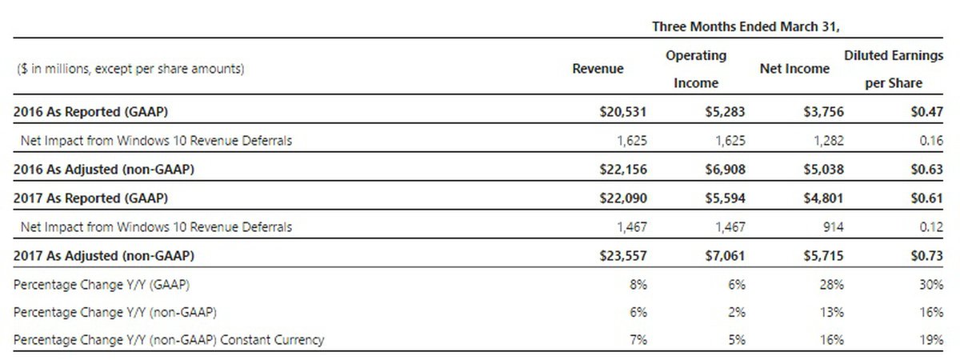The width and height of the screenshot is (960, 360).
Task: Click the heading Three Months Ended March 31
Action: click(x=746, y=26)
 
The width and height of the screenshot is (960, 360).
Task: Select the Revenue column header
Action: click(x=598, y=69)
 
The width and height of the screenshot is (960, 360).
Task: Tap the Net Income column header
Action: click(x=794, y=69)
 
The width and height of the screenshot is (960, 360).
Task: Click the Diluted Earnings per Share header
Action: click(x=894, y=69)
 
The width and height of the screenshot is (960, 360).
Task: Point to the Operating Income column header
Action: click(x=696, y=69)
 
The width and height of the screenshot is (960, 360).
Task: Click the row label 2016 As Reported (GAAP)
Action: click(x=90, y=112)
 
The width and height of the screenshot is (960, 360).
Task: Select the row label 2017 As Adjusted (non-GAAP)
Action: click(x=104, y=256)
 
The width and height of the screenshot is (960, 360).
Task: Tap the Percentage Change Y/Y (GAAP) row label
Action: click(x=102, y=284)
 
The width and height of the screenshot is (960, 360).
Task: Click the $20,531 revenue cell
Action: click(x=622, y=112)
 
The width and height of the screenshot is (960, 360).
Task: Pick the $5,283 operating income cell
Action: click(x=726, y=112)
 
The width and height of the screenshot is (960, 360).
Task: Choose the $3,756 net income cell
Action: click(x=823, y=112)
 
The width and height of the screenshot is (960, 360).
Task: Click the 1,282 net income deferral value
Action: click(x=828, y=141)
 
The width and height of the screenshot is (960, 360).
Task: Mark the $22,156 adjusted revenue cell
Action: click(x=622, y=170)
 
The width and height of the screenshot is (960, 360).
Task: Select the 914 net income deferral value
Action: click(x=833, y=227)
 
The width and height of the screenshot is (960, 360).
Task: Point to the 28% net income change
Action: click(x=832, y=284)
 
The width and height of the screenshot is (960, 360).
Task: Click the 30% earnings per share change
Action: click(x=932, y=284)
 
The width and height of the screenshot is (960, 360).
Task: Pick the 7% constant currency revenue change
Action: click(x=638, y=340)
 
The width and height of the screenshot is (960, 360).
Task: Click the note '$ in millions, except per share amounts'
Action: click(x=130, y=70)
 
